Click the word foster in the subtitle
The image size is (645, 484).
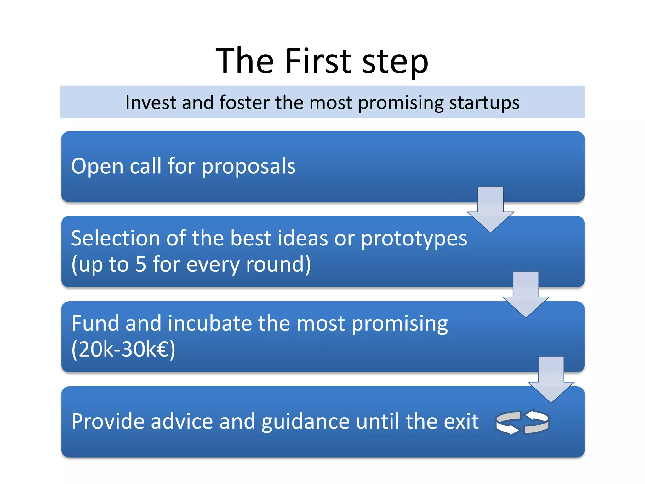pos(244,102)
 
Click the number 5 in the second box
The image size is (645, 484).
pos(140,264)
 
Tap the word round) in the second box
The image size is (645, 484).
pos(278,264)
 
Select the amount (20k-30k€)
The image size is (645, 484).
pos(123,349)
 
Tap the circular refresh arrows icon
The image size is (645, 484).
pos(522,422)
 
